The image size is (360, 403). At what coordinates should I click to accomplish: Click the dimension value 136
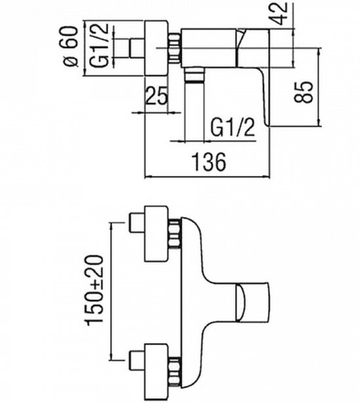[x=210, y=162]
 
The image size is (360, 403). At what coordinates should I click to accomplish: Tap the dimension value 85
[x=304, y=92]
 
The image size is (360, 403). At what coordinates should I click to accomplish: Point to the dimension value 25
[x=156, y=95]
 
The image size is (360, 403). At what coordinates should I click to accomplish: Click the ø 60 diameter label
[x=70, y=46]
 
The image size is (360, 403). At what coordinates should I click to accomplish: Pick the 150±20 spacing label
[x=95, y=291]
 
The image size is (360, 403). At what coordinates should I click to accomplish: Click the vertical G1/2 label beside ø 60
[x=99, y=46]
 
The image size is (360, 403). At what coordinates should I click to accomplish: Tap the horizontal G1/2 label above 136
[x=233, y=128]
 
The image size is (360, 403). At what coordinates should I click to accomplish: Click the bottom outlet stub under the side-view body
[x=194, y=75]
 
